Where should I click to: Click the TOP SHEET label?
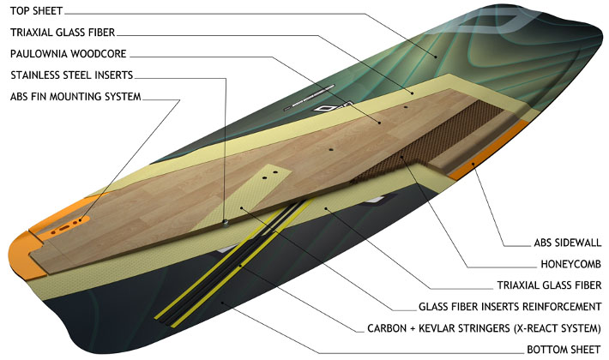click(x=37, y=12)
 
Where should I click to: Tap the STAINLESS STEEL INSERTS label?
click(x=71, y=75)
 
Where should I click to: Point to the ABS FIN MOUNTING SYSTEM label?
click(x=75, y=96)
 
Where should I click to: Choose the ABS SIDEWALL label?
click(x=563, y=242)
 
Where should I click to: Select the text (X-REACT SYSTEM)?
click(x=549, y=327)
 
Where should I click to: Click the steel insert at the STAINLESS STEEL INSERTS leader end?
click(x=225, y=222)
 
